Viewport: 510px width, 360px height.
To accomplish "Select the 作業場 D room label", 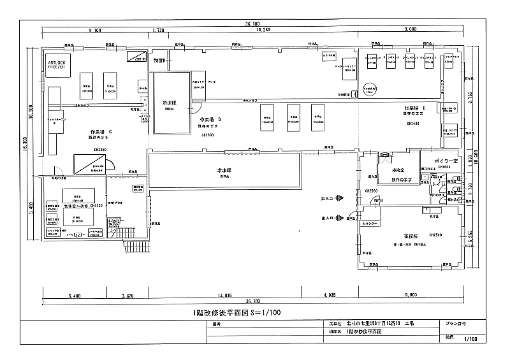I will point(210,119).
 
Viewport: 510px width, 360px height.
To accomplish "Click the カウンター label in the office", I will point(371,224).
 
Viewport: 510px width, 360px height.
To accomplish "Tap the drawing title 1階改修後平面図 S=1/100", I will point(237,312).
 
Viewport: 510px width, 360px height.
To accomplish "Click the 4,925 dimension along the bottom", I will point(329,296).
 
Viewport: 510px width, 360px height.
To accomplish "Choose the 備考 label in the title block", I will point(216,324).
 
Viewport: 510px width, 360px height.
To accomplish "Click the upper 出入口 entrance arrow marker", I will point(339,198).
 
